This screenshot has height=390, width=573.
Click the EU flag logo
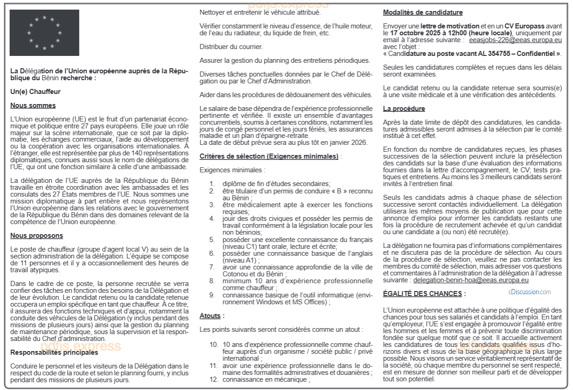click(x=44, y=33)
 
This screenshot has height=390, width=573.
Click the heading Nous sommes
click(x=33, y=105)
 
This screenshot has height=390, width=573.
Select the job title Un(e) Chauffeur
click(x=35, y=92)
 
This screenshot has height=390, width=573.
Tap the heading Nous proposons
click(x=37, y=236)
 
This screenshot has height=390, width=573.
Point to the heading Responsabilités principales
click(x=54, y=352)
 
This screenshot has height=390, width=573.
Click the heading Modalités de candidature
click(x=423, y=12)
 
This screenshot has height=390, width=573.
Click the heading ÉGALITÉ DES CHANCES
click(x=422, y=293)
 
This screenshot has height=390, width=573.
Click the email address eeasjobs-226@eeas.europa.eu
click(x=515, y=40)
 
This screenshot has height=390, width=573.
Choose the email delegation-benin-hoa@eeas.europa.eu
click(x=471, y=280)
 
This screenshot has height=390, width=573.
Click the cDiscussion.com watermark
click(x=529, y=292)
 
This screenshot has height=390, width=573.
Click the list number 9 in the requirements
click(x=212, y=295)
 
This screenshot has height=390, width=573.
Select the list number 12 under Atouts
click(x=214, y=379)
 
